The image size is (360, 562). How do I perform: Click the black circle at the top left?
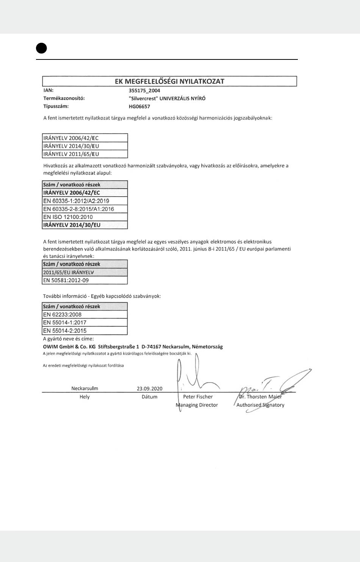(x=42, y=48)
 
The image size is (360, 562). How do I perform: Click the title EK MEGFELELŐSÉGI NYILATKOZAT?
(x=169, y=81)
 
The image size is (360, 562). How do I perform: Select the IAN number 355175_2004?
(x=144, y=91)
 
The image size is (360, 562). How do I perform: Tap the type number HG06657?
(x=139, y=106)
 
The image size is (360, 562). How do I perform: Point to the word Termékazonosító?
(x=64, y=98)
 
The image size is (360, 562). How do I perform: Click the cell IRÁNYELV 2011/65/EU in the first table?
(x=71, y=154)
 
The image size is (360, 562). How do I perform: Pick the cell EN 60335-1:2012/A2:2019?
(x=76, y=201)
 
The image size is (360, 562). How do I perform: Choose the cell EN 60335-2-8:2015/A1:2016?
(x=78, y=209)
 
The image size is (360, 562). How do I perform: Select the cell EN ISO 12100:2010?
(x=68, y=217)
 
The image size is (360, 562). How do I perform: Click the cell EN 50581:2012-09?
(x=66, y=281)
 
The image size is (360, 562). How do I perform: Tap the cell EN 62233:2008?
(x=62, y=315)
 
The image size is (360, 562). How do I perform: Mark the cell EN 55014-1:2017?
(x=65, y=323)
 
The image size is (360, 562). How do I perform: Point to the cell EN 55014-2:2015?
(x=65, y=331)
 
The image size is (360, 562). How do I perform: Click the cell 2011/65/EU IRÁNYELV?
(x=69, y=273)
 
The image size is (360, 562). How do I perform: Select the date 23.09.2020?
(x=149, y=389)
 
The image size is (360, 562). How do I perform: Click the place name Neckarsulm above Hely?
(x=85, y=389)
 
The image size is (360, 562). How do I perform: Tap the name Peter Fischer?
(x=198, y=397)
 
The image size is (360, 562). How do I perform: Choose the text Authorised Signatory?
(x=260, y=405)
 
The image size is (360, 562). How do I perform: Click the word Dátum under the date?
(x=149, y=397)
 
